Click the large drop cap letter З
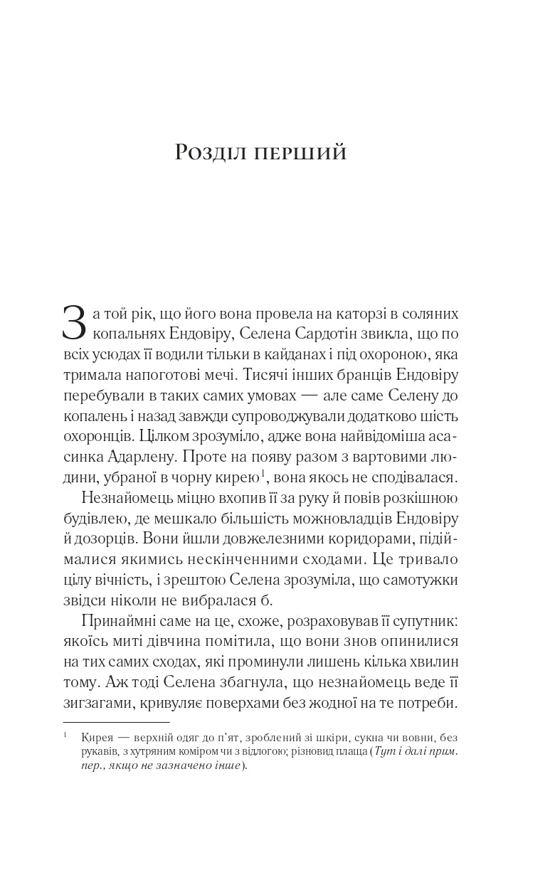point(75,323)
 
